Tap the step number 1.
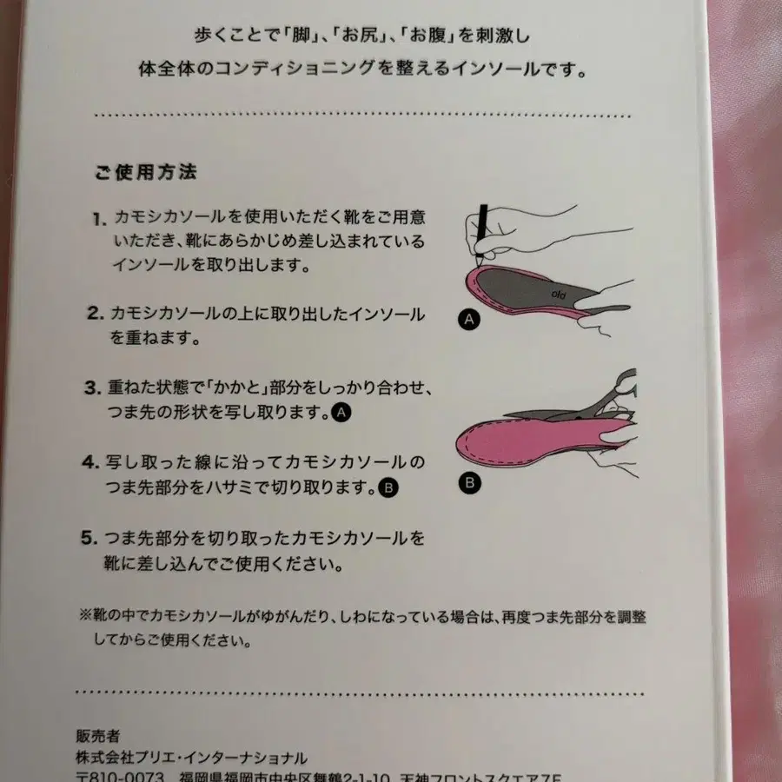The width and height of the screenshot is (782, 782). [98, 218]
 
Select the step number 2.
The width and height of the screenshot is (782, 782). [97, 314]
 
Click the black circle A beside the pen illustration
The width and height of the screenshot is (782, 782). [468, 321]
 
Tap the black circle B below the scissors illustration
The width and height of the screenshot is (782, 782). [469, 482]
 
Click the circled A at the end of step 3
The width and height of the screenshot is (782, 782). [341, 414]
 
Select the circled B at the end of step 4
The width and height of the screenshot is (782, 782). [388, 488]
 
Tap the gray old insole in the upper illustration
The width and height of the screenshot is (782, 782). [539, 291]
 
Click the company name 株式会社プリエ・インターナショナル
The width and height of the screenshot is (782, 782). [191, 757]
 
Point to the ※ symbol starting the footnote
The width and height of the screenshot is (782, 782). [85, 615]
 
